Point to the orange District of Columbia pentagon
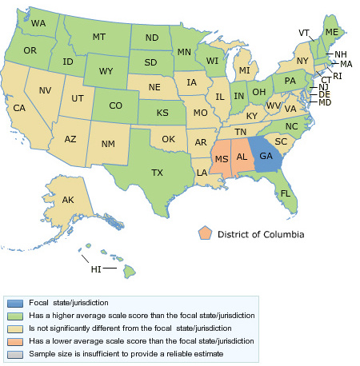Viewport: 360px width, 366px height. point(206,233)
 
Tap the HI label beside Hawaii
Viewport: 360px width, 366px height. point(95,269)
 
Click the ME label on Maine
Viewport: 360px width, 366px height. point(330,31)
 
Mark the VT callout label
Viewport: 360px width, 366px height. point(304,33)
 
